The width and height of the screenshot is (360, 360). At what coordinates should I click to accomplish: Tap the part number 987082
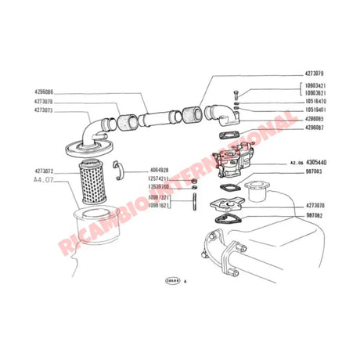click(315, 213)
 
